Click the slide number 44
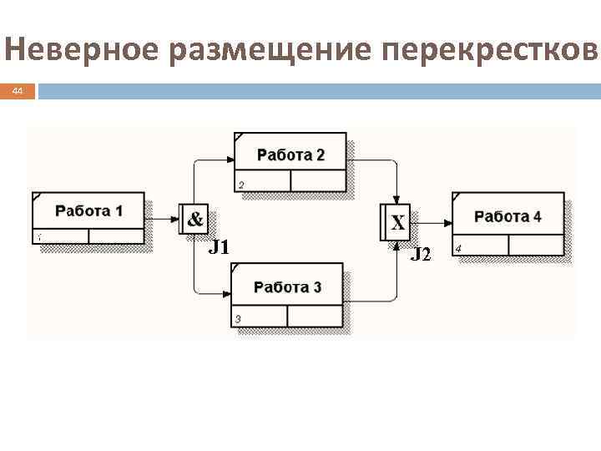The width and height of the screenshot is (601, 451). [18, 91]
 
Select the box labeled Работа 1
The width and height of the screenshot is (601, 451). [88, 218]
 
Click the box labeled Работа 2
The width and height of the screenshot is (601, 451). [290, 161]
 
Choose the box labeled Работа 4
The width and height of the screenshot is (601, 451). [507, 223]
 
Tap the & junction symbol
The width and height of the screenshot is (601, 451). [194, 220]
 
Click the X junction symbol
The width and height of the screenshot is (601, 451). [398, 223]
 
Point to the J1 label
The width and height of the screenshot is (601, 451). [219, 247]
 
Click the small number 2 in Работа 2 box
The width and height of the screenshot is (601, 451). [241, 185]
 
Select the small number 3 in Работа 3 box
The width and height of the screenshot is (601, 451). [238, 318]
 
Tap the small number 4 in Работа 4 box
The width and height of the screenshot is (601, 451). [458, 248]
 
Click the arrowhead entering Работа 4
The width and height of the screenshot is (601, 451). [448, 223]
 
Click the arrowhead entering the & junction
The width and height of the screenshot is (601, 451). [176, 220]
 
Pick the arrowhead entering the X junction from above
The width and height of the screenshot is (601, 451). [396, 200]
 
